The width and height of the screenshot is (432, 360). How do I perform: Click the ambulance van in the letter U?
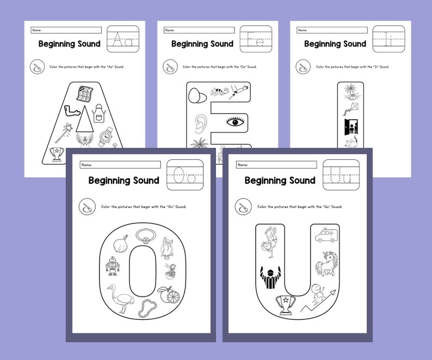pyautogui.click(x=325, y=238)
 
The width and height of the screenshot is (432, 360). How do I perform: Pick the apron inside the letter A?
pyautogui.click(x=98, y=113)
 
